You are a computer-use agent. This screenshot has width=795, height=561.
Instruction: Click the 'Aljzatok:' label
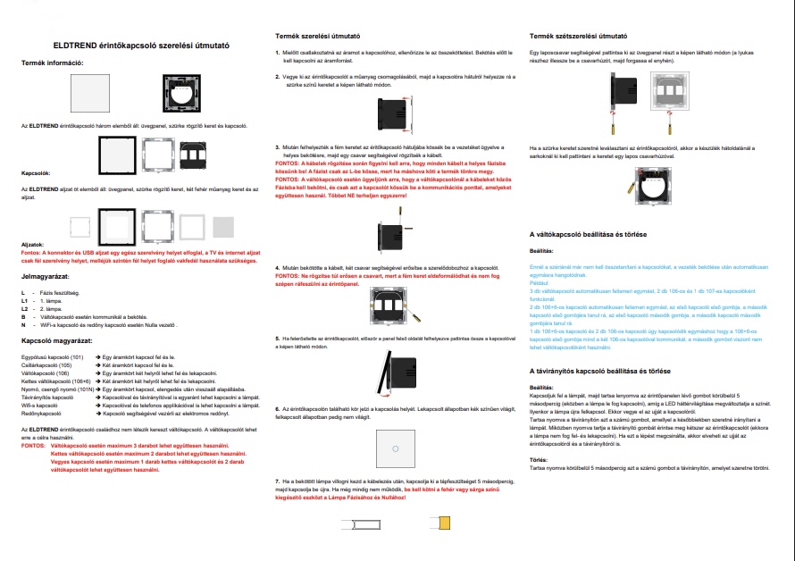click(x=33, y=243)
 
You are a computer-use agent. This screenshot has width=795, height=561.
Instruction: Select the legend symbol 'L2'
click(x=24, y=308)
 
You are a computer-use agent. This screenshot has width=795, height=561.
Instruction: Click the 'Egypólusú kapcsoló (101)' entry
click(x=52, y=357)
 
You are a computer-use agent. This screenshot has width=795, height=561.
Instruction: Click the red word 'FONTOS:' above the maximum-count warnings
click(x=31, y=444)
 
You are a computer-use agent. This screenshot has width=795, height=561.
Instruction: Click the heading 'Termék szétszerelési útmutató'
click(x=578, y=37)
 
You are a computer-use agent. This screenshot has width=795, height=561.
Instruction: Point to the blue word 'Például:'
click(x=541, y=282)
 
